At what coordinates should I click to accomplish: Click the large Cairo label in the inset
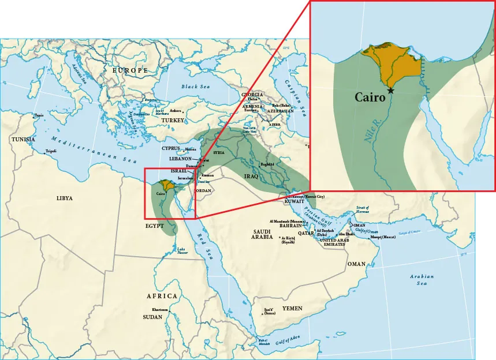[370, 97]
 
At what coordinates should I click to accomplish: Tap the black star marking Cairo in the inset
[391, 91]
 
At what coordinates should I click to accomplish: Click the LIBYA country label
[65, 198]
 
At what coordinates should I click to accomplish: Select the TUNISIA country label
[23, 140]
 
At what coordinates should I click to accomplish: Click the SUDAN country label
[152, 317]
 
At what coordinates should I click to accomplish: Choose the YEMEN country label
[292, 309]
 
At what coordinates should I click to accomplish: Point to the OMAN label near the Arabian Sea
[356, 264]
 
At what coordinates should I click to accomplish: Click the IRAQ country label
[251, 176]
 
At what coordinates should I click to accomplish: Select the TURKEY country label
[173, 121]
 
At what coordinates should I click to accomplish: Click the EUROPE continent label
[130, 70]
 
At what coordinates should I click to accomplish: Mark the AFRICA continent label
[162, 296]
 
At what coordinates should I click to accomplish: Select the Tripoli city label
[51, 152]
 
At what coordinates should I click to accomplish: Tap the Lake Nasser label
[182, 251]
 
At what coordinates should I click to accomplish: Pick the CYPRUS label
[171, 148]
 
